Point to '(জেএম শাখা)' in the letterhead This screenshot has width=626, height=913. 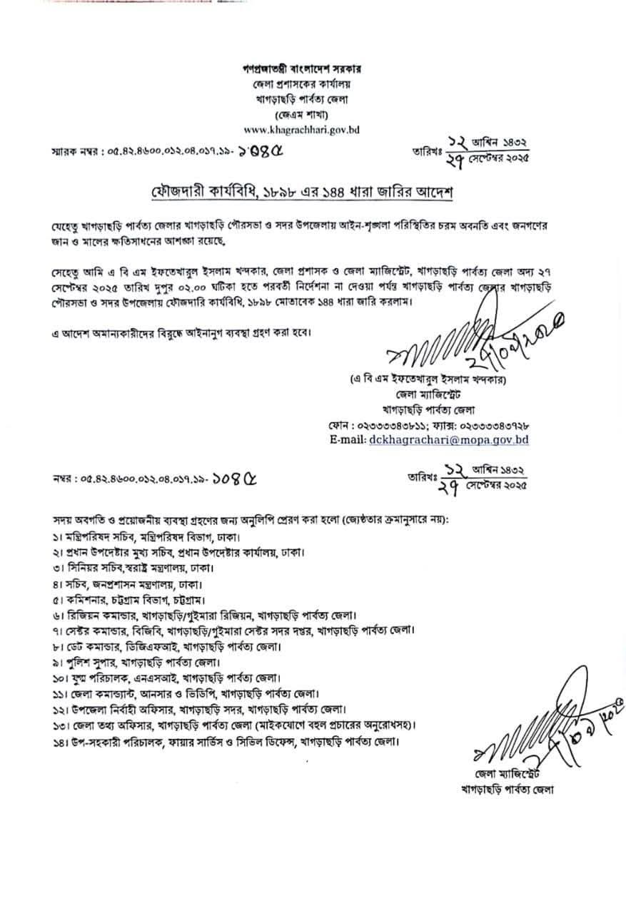coord(301,115)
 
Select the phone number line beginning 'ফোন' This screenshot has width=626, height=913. coord(429,426)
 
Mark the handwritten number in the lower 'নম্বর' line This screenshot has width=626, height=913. coord(235,476)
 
